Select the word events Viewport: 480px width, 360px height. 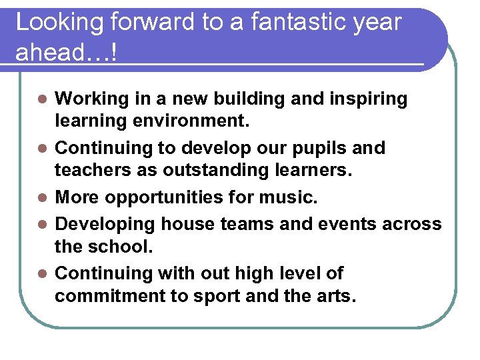coord(347,223)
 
